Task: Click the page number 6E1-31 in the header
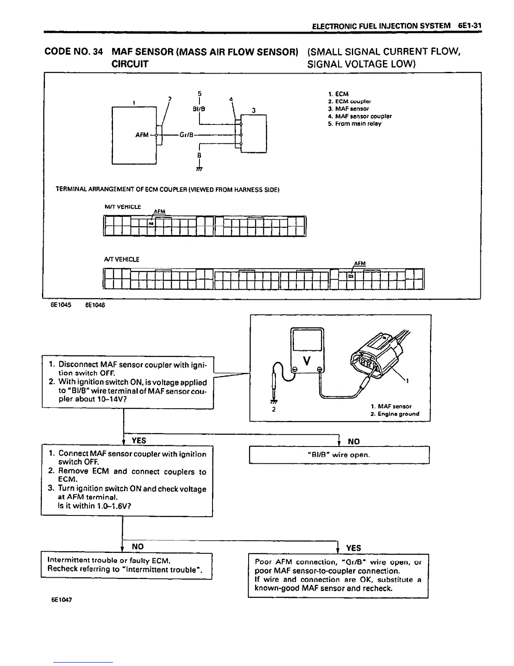point(469,26)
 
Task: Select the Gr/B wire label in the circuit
point(186,135)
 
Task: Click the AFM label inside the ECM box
point(142,135)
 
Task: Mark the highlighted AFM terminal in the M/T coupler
point(151,224)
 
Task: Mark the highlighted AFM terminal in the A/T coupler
point(351,276)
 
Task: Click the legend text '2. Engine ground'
point(395,414)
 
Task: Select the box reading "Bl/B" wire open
point(339,455)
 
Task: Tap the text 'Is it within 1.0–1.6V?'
point(95,506)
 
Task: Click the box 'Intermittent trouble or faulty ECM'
point(126,565)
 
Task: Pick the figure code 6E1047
point(61,600)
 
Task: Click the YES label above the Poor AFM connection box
point(353,548)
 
